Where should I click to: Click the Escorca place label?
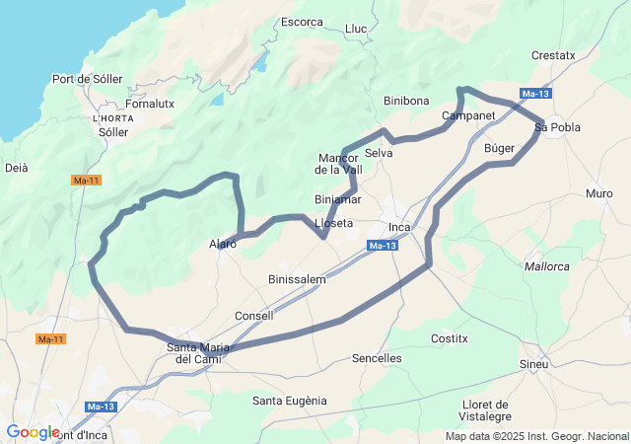click(x=302, y=22)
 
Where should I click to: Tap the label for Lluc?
click(x=356, y=29)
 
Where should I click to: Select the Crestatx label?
click(x=552, y=55)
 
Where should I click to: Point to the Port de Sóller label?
click(x=87, y=79)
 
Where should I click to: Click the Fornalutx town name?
click(x=150, y=103)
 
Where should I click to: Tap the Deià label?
click(x=17, y=168)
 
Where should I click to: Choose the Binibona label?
click(x=406, y=101)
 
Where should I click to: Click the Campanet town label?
click(x=468, y=115)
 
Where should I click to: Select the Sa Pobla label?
click(x=557, y=127)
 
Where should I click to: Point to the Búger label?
click(x=501, y=147)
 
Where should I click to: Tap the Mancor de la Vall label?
click(x=339, y=164)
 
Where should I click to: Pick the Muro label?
click(x=598, y=193)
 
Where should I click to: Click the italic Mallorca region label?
click(x=547, y=266)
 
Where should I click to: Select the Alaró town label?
click(x=223, y=244)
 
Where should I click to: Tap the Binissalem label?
click(x=297, y=279)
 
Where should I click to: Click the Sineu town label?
click(x=533, y=365)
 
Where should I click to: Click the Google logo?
click(x=33, y=431)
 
